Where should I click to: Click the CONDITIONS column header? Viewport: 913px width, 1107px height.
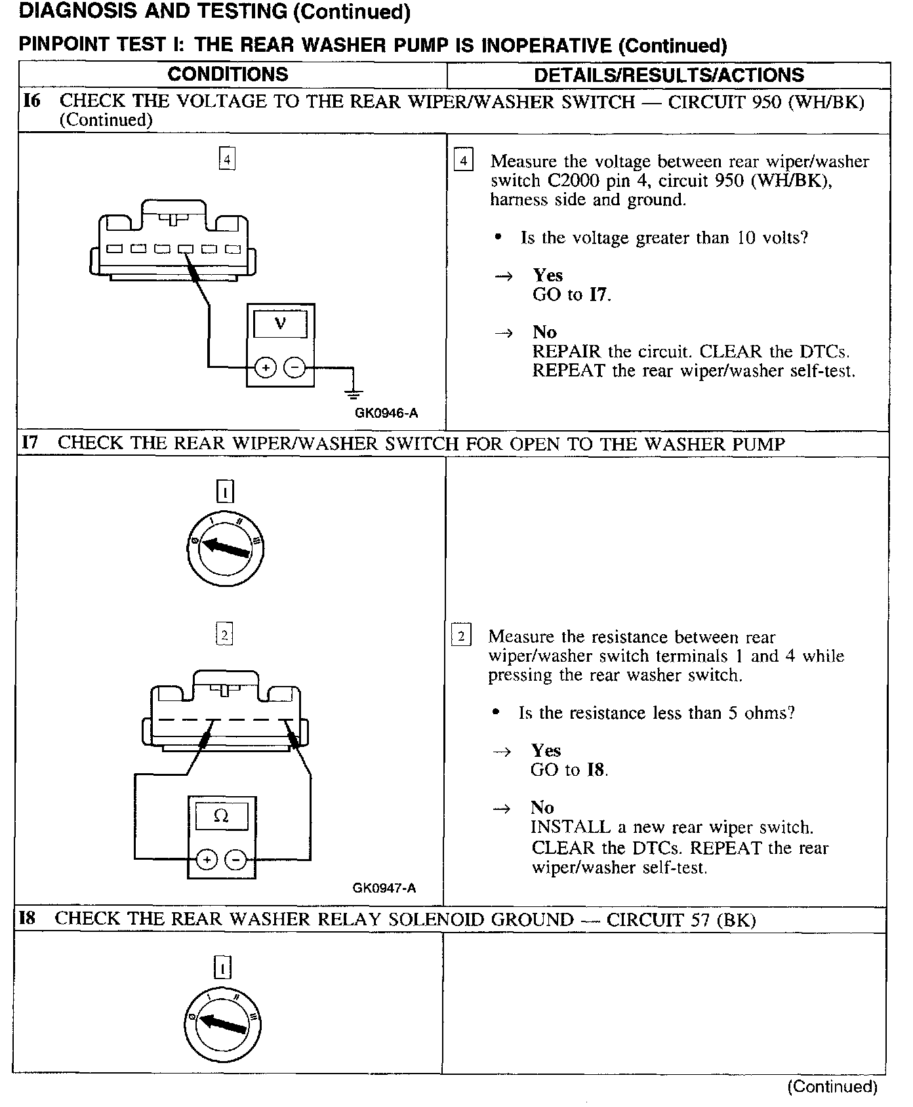click(228, 74)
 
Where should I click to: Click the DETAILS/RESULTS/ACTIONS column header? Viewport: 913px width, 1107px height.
click(668, 75)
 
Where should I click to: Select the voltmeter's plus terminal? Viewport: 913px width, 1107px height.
click(266, 368)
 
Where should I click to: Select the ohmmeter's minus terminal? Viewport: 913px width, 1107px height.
click(235, 859)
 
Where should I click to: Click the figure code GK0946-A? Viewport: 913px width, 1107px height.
click(386, 413)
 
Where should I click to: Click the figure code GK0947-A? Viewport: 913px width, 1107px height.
click(384, 888)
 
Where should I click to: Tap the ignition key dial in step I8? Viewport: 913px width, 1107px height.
click(222, 1022)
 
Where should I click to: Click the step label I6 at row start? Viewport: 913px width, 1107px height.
click(31, 101)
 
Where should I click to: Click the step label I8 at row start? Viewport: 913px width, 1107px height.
click(28, 918)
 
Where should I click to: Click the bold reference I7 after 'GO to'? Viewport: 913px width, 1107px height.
click(598, 294)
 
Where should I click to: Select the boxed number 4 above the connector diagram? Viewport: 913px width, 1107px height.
click(227, 159)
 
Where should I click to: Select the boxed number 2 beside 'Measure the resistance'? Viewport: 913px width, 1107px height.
click(461, 636)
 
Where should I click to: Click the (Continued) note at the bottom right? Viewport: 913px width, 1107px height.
click(832, 1086)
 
